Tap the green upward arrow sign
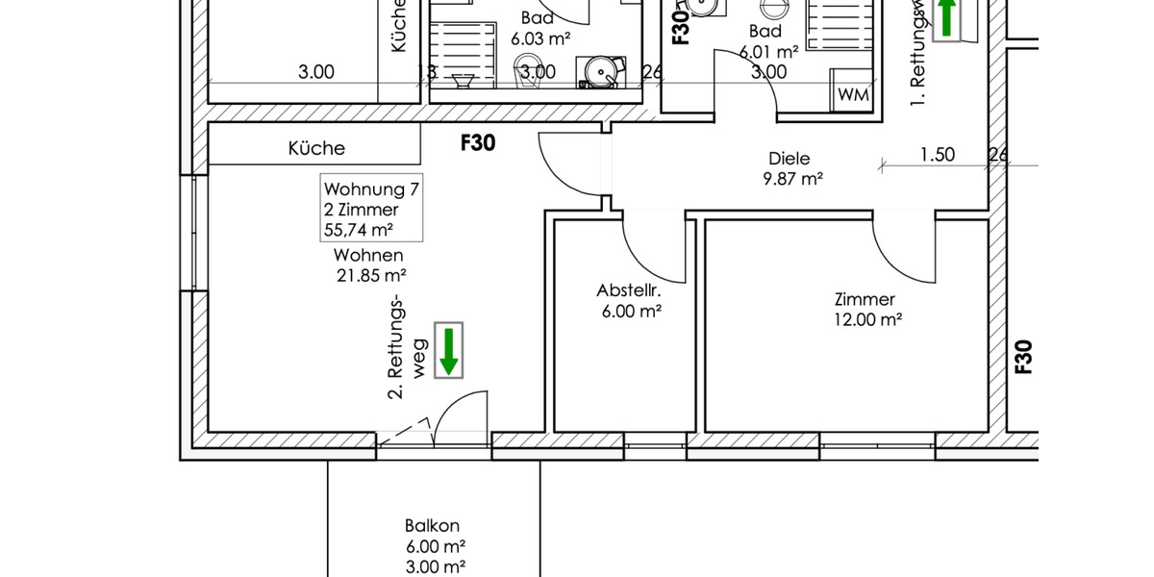pyautogui.click(x=948, y=18)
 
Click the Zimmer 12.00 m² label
pyautogui.click(x=866, y=310)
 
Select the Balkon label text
pyautogui.click(x=433, y=526)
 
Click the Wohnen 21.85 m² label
pyautogui.click(x=368, y=265)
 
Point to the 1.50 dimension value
pyautogui.click(x=937, y=154)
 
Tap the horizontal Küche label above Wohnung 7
pyautogui.click(x=316, y=148)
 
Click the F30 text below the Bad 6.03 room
pyautogui.click(x=478, y=143)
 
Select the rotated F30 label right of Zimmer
pyautogui.click(x=1023, y=356)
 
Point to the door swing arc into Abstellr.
pyautogui.click(x=654, y=255)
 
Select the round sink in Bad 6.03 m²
pyautogui.click(x=601, y=70)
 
